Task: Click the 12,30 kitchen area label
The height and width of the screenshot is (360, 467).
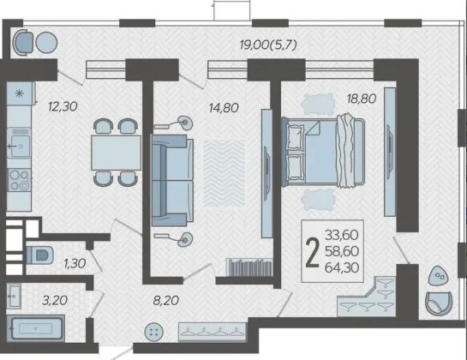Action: (63, 106)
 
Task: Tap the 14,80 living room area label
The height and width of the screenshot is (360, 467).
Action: (224, 108)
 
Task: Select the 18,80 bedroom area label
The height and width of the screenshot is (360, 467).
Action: (362, 99)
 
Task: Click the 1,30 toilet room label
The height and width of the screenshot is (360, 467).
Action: (75, 263)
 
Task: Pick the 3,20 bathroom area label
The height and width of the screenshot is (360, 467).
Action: (55, 300)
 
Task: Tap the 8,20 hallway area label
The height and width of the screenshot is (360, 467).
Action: (166, 300)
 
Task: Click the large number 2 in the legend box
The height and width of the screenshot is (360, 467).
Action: (313, 253)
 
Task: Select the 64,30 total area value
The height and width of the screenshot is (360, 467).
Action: (342, 267)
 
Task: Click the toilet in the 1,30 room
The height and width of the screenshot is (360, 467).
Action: (39, 255)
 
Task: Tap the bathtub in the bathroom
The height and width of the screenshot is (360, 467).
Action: (35, 328)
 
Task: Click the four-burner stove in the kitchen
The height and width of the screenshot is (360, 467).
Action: (20, 180)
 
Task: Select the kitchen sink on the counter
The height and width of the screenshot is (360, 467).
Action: (20, 146)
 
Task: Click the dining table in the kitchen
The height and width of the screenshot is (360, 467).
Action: (116, 153)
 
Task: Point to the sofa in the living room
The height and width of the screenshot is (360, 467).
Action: (172, 180)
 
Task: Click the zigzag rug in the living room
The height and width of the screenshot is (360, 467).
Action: (225, 173)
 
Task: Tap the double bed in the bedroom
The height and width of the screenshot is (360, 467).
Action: (323, 152)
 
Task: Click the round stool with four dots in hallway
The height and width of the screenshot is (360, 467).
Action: (154, 333)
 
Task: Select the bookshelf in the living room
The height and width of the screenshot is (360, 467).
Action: (249, 267)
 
